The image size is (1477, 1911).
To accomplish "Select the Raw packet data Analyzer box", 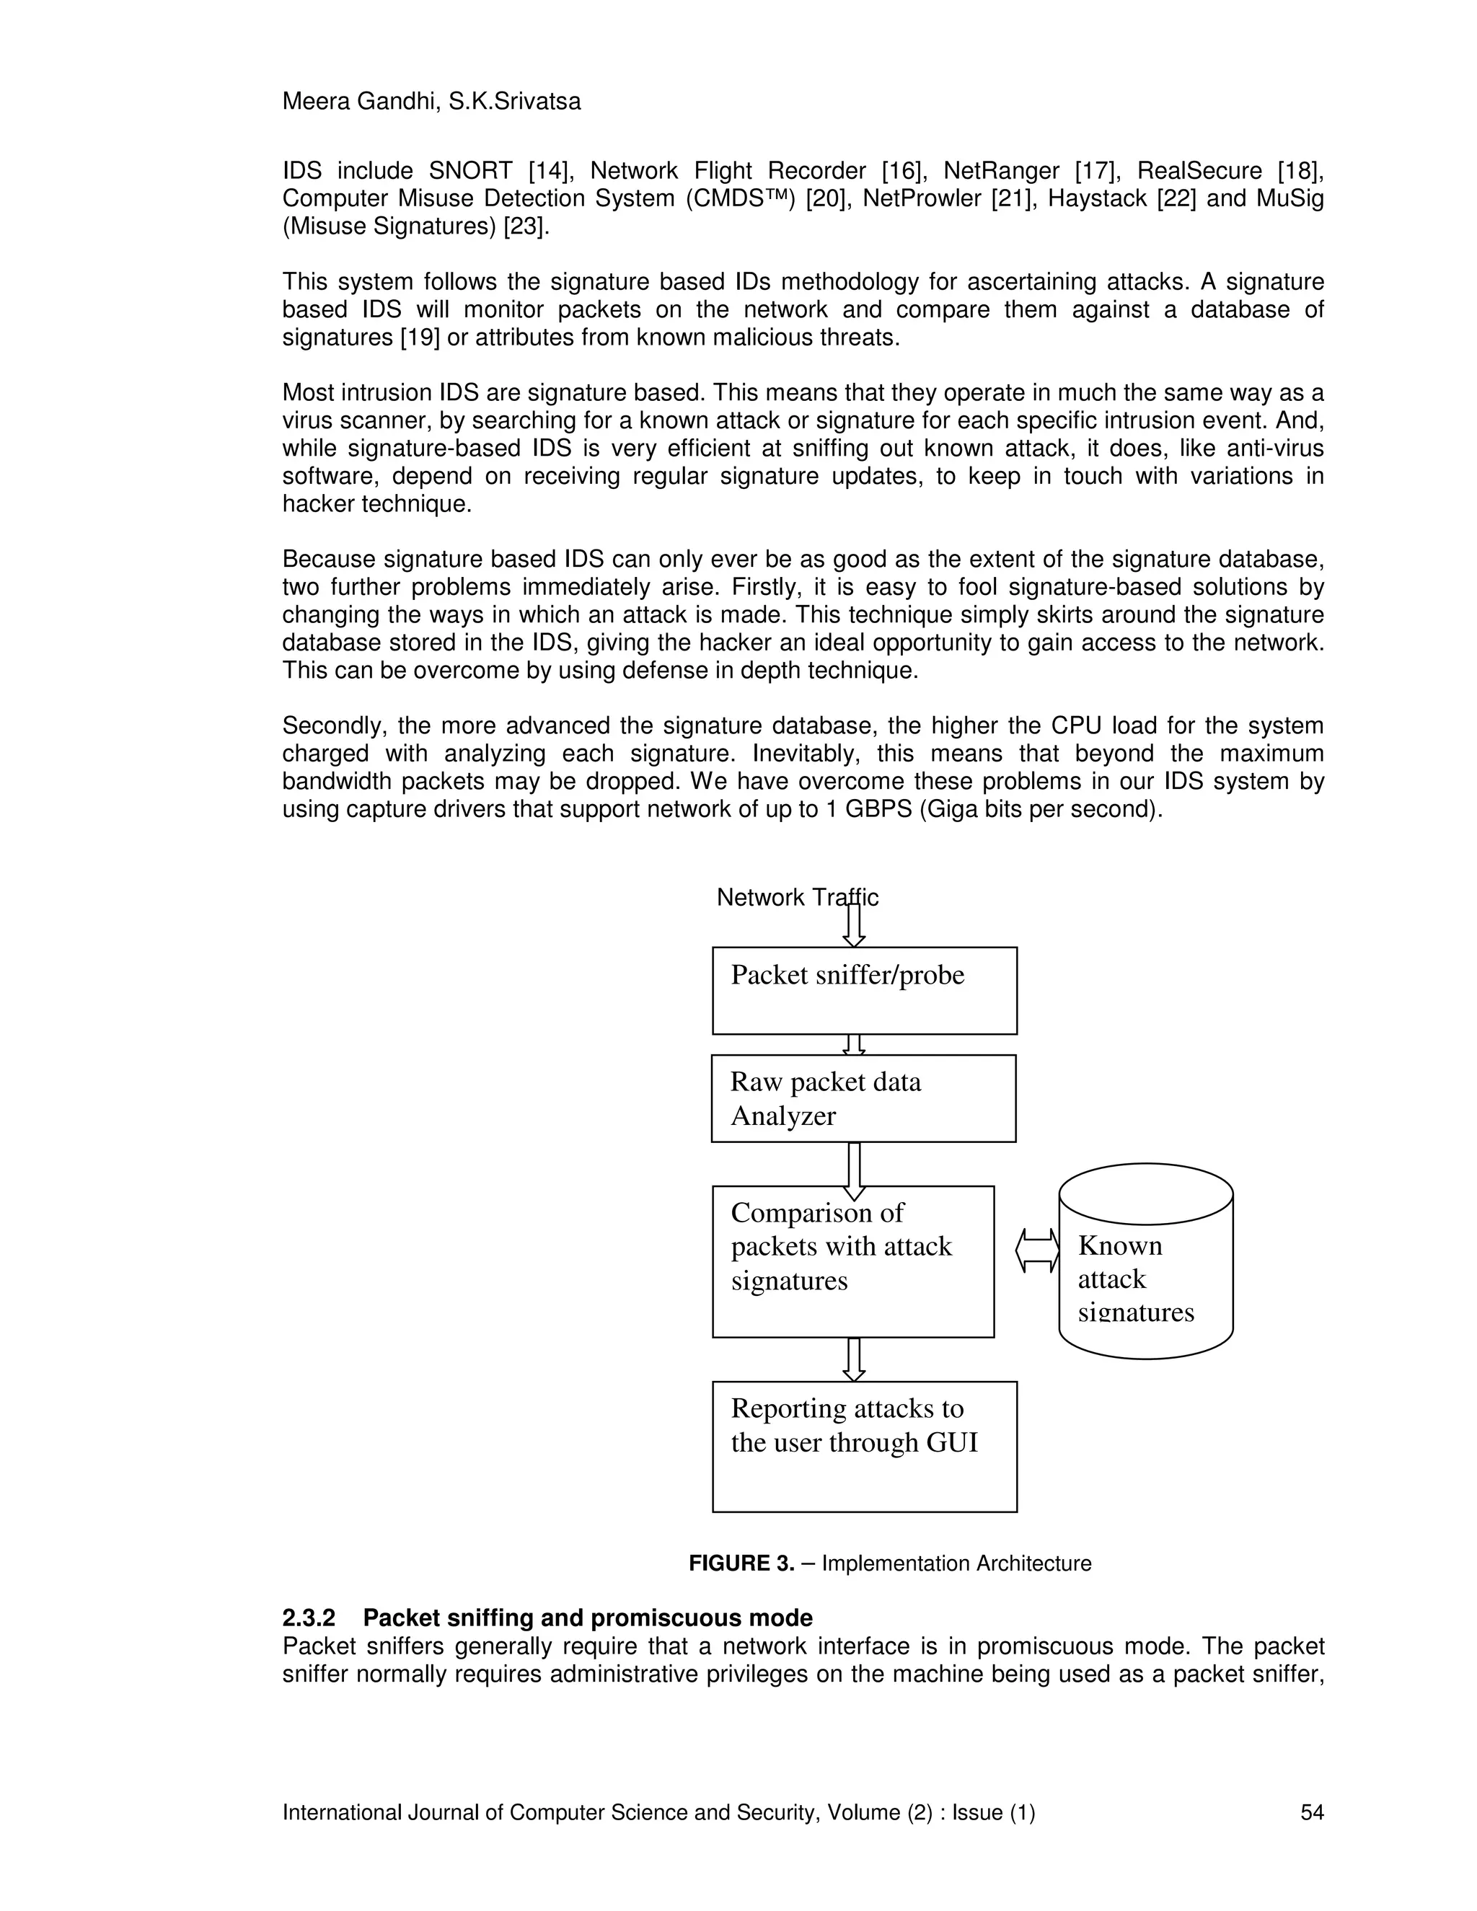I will (x=863, y=1098).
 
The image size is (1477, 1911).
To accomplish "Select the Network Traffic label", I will (x=796, y=897).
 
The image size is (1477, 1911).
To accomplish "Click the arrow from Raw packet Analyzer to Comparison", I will (x=854, y=1170).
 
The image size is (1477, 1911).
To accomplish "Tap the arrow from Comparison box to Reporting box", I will (x=854, y=1359).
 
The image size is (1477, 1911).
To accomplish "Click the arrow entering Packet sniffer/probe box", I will (x=854, y=926).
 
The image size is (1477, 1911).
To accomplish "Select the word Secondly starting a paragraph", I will (x=335, y=725).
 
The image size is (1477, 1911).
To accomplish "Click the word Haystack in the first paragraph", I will (x=1096, y=198).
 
